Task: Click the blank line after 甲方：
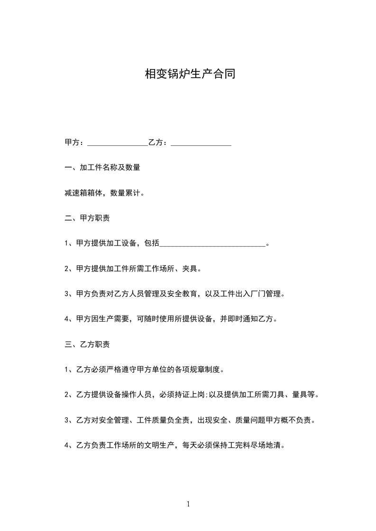coord(118,142)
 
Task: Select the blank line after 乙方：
coord(201,142)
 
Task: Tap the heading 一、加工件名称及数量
coord(102,168)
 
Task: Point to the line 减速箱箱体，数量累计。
coord(104,193)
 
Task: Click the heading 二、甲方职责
coord(87,219)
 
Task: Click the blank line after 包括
coord(213,244)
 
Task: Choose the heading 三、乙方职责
coord(87,345)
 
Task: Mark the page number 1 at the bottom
coord(188,504)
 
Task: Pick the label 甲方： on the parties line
coord(75,142)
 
